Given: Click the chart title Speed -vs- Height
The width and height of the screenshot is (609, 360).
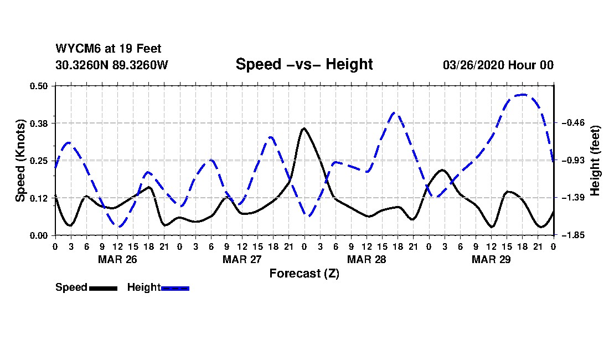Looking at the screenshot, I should click(x=304, y=64).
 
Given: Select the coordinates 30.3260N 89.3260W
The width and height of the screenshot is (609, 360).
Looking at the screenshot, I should click(x=111, y=65).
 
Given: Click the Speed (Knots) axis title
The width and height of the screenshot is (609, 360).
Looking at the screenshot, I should click(x=20, y=161).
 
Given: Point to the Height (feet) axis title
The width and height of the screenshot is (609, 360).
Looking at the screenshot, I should click(x=596, y=161).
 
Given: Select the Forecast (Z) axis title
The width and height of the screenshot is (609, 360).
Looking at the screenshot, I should click(x=304, y=273).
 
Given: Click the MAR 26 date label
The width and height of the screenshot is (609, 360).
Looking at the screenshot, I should click(x=117, y=259).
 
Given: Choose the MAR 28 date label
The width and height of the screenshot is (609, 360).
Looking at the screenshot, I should click(x=367, y=259).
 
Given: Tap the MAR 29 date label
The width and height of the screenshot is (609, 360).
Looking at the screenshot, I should click(x=491, y=259).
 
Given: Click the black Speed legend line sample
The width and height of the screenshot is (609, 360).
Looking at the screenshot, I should click(x=103, y=288).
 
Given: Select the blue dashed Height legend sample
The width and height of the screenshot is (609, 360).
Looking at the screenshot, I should click(x=175, y=288).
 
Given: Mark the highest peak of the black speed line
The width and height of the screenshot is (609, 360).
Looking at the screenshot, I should click(x=304, y=128).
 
